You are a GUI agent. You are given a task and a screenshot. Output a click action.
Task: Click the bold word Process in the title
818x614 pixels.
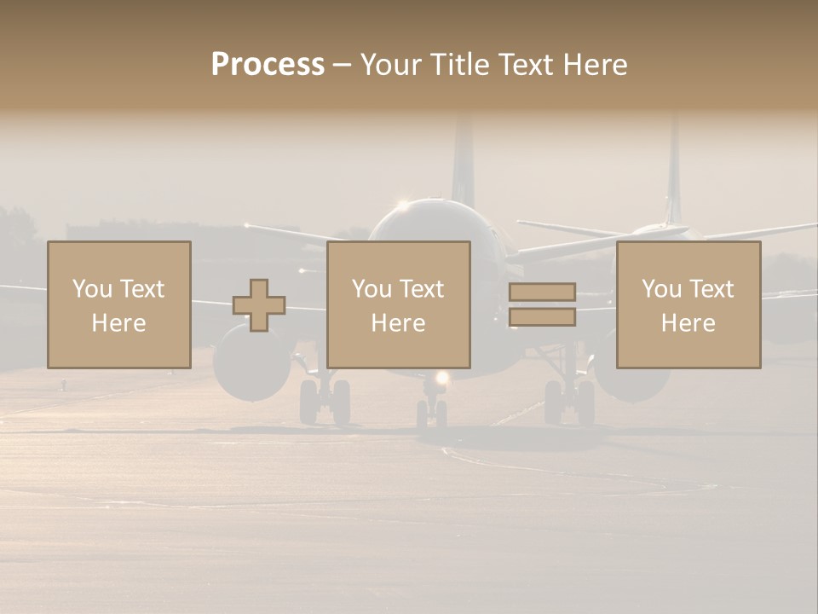coord(268,65)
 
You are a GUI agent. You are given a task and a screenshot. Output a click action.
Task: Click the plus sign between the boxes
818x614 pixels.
coord(259,305)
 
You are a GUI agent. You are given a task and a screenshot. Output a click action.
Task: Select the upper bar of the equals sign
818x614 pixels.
coord(542,293)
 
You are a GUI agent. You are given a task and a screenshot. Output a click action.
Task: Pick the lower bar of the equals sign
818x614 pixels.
coord(542,317)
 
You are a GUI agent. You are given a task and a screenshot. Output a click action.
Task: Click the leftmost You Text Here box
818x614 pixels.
coord(119,304)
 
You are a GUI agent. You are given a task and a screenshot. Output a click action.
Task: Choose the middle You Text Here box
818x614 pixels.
coord(399,304)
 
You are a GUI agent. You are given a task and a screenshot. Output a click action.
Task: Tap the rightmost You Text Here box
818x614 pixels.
coord(688,304)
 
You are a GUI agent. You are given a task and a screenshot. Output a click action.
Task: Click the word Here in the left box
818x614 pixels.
coord(119,323)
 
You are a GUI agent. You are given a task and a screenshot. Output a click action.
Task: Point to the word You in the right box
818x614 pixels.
coord(661,289)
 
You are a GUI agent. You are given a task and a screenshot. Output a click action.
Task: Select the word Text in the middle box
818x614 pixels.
coord(422,289)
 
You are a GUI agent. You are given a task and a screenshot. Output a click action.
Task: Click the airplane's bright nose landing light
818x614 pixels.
coord(441,378)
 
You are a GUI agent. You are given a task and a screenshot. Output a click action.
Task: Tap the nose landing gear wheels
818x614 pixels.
coord(433,413)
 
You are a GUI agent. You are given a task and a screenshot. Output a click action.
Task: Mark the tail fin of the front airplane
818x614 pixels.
coord(463,162)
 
